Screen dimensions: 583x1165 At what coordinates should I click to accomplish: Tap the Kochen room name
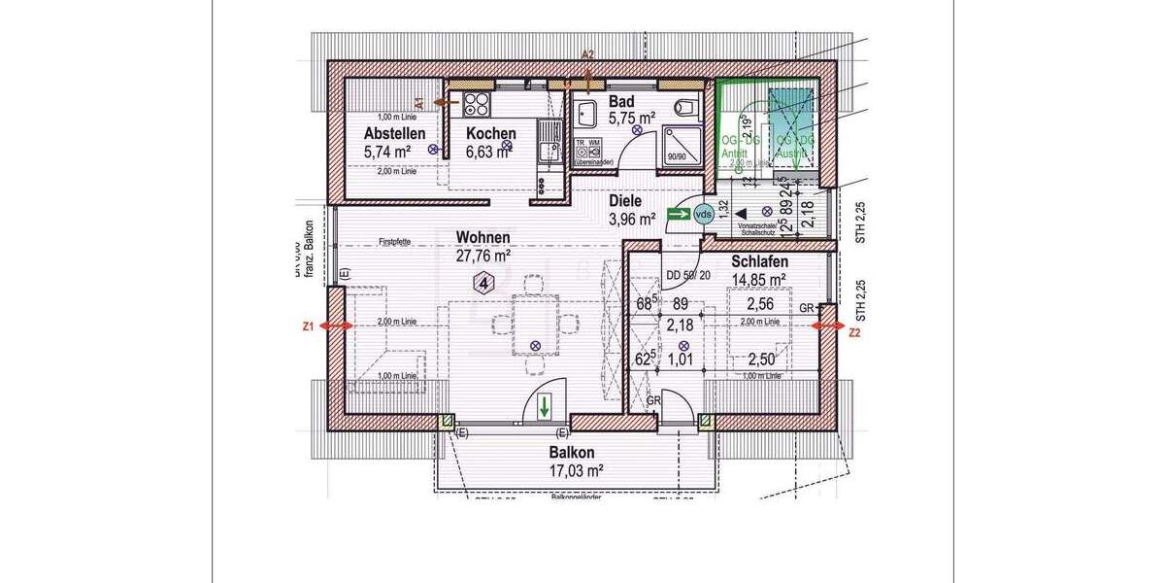click(490, 134)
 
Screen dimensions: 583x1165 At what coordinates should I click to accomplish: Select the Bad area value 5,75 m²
click(632, 118)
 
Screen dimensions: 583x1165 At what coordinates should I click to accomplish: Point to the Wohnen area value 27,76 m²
click(483, 257)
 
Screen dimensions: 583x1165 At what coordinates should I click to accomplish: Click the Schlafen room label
click(759, 262)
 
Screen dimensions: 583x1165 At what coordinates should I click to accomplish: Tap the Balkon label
click(571, 453)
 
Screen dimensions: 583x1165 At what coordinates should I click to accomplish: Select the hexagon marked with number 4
click(483, 283)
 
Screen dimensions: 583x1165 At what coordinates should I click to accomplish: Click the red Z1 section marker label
click(307, 327)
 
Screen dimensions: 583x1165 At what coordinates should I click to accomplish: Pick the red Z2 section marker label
click(854, 332)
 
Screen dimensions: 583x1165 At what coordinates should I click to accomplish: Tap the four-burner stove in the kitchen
click(478, 104)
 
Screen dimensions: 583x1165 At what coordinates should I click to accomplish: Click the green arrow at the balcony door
click(545, 405)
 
